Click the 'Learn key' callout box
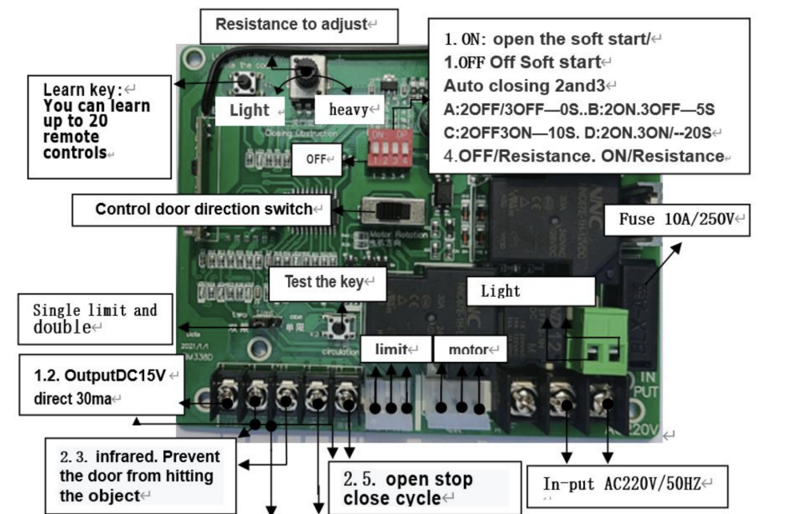tap(100, 126)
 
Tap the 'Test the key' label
tap(327, 282)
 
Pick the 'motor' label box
tap(470, 349)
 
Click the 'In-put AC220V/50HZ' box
tap(627, 485)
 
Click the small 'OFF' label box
tap(317, 158)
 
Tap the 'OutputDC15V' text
tap(100, 374)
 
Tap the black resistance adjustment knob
tap(306, 74)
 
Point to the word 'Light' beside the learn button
tap(250, 110)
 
